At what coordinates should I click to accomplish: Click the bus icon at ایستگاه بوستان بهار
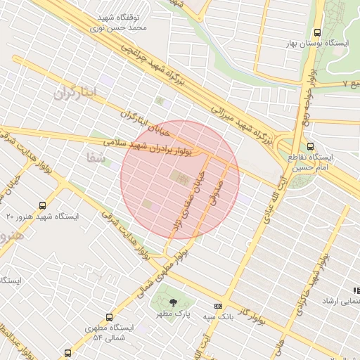coord(318,32)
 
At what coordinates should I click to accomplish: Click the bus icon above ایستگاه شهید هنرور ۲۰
coord(43,206)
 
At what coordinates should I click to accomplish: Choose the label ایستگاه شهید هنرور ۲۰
coord(43,217)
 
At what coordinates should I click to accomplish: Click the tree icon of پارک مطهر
coord(173,302)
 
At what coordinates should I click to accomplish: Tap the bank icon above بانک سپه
coord(218,306)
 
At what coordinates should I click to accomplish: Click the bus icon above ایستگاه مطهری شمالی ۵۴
coord(109,317)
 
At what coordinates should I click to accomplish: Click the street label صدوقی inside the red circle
coord(213,191)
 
